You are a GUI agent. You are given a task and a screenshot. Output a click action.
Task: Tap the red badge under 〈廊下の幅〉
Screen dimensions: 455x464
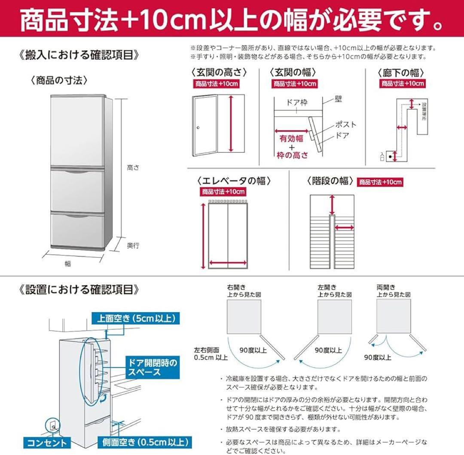[403, 83]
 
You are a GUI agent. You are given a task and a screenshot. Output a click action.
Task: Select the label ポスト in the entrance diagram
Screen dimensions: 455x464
[345, 125]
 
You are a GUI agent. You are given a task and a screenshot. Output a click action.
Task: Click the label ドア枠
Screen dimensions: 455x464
[296, 103]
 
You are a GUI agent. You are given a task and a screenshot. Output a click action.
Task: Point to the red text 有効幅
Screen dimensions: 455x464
[292, 138]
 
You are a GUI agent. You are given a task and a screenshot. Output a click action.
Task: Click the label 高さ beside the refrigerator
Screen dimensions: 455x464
[133, 169]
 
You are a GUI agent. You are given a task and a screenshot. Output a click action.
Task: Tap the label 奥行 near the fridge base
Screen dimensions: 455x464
[133, 246]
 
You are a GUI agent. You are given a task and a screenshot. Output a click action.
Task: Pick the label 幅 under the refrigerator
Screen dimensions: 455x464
[68, 264]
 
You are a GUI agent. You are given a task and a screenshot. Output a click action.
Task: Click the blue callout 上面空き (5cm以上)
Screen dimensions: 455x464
[135, 319]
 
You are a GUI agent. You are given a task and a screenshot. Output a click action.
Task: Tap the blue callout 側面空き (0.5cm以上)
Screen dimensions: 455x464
[144, 442]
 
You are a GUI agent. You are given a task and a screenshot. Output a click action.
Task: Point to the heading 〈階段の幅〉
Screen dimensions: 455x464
[330, 181]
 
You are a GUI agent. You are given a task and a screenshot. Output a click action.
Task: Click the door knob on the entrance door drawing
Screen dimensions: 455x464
[198, 128]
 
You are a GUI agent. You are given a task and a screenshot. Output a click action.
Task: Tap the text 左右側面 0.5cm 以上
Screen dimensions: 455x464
[211, 354]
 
